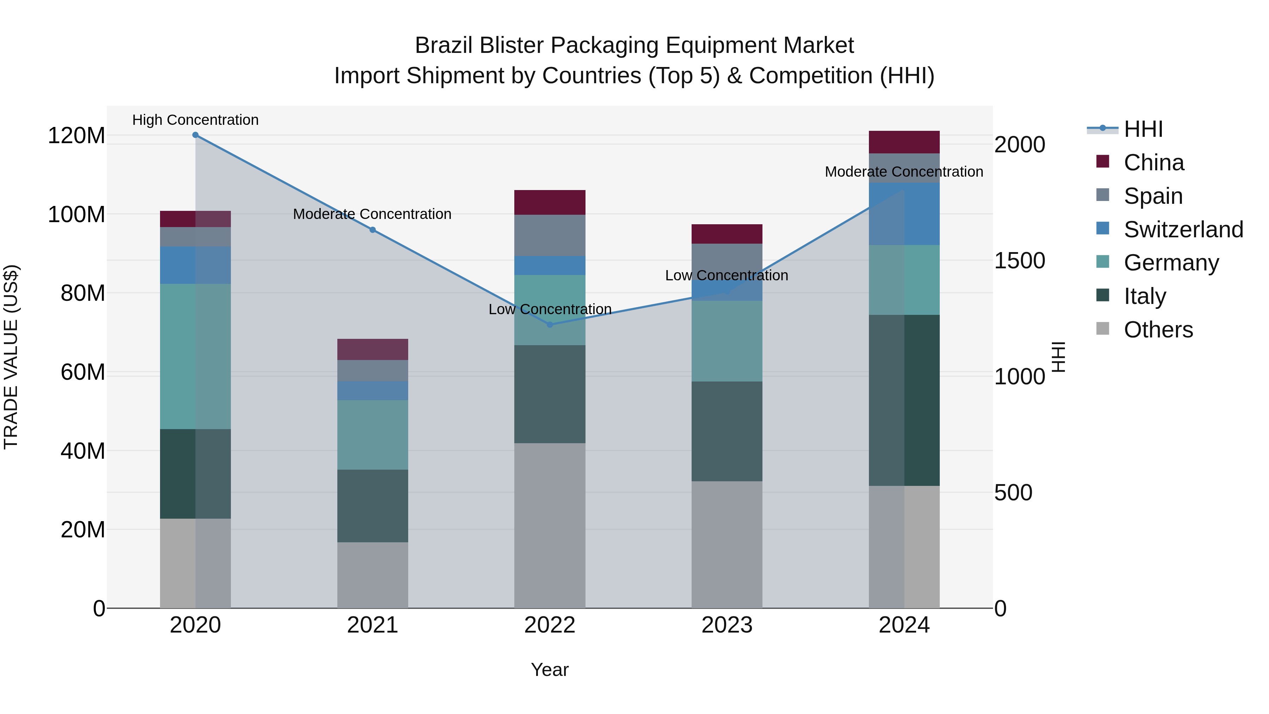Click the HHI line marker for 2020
196,135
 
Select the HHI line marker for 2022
550,325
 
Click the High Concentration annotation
196,120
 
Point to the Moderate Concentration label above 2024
904,172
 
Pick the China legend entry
1153,163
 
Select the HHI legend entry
1143,129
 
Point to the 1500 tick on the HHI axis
1019,261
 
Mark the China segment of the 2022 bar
550,202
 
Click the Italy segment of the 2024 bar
904,400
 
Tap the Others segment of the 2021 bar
373,575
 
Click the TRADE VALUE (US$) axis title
11,357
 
